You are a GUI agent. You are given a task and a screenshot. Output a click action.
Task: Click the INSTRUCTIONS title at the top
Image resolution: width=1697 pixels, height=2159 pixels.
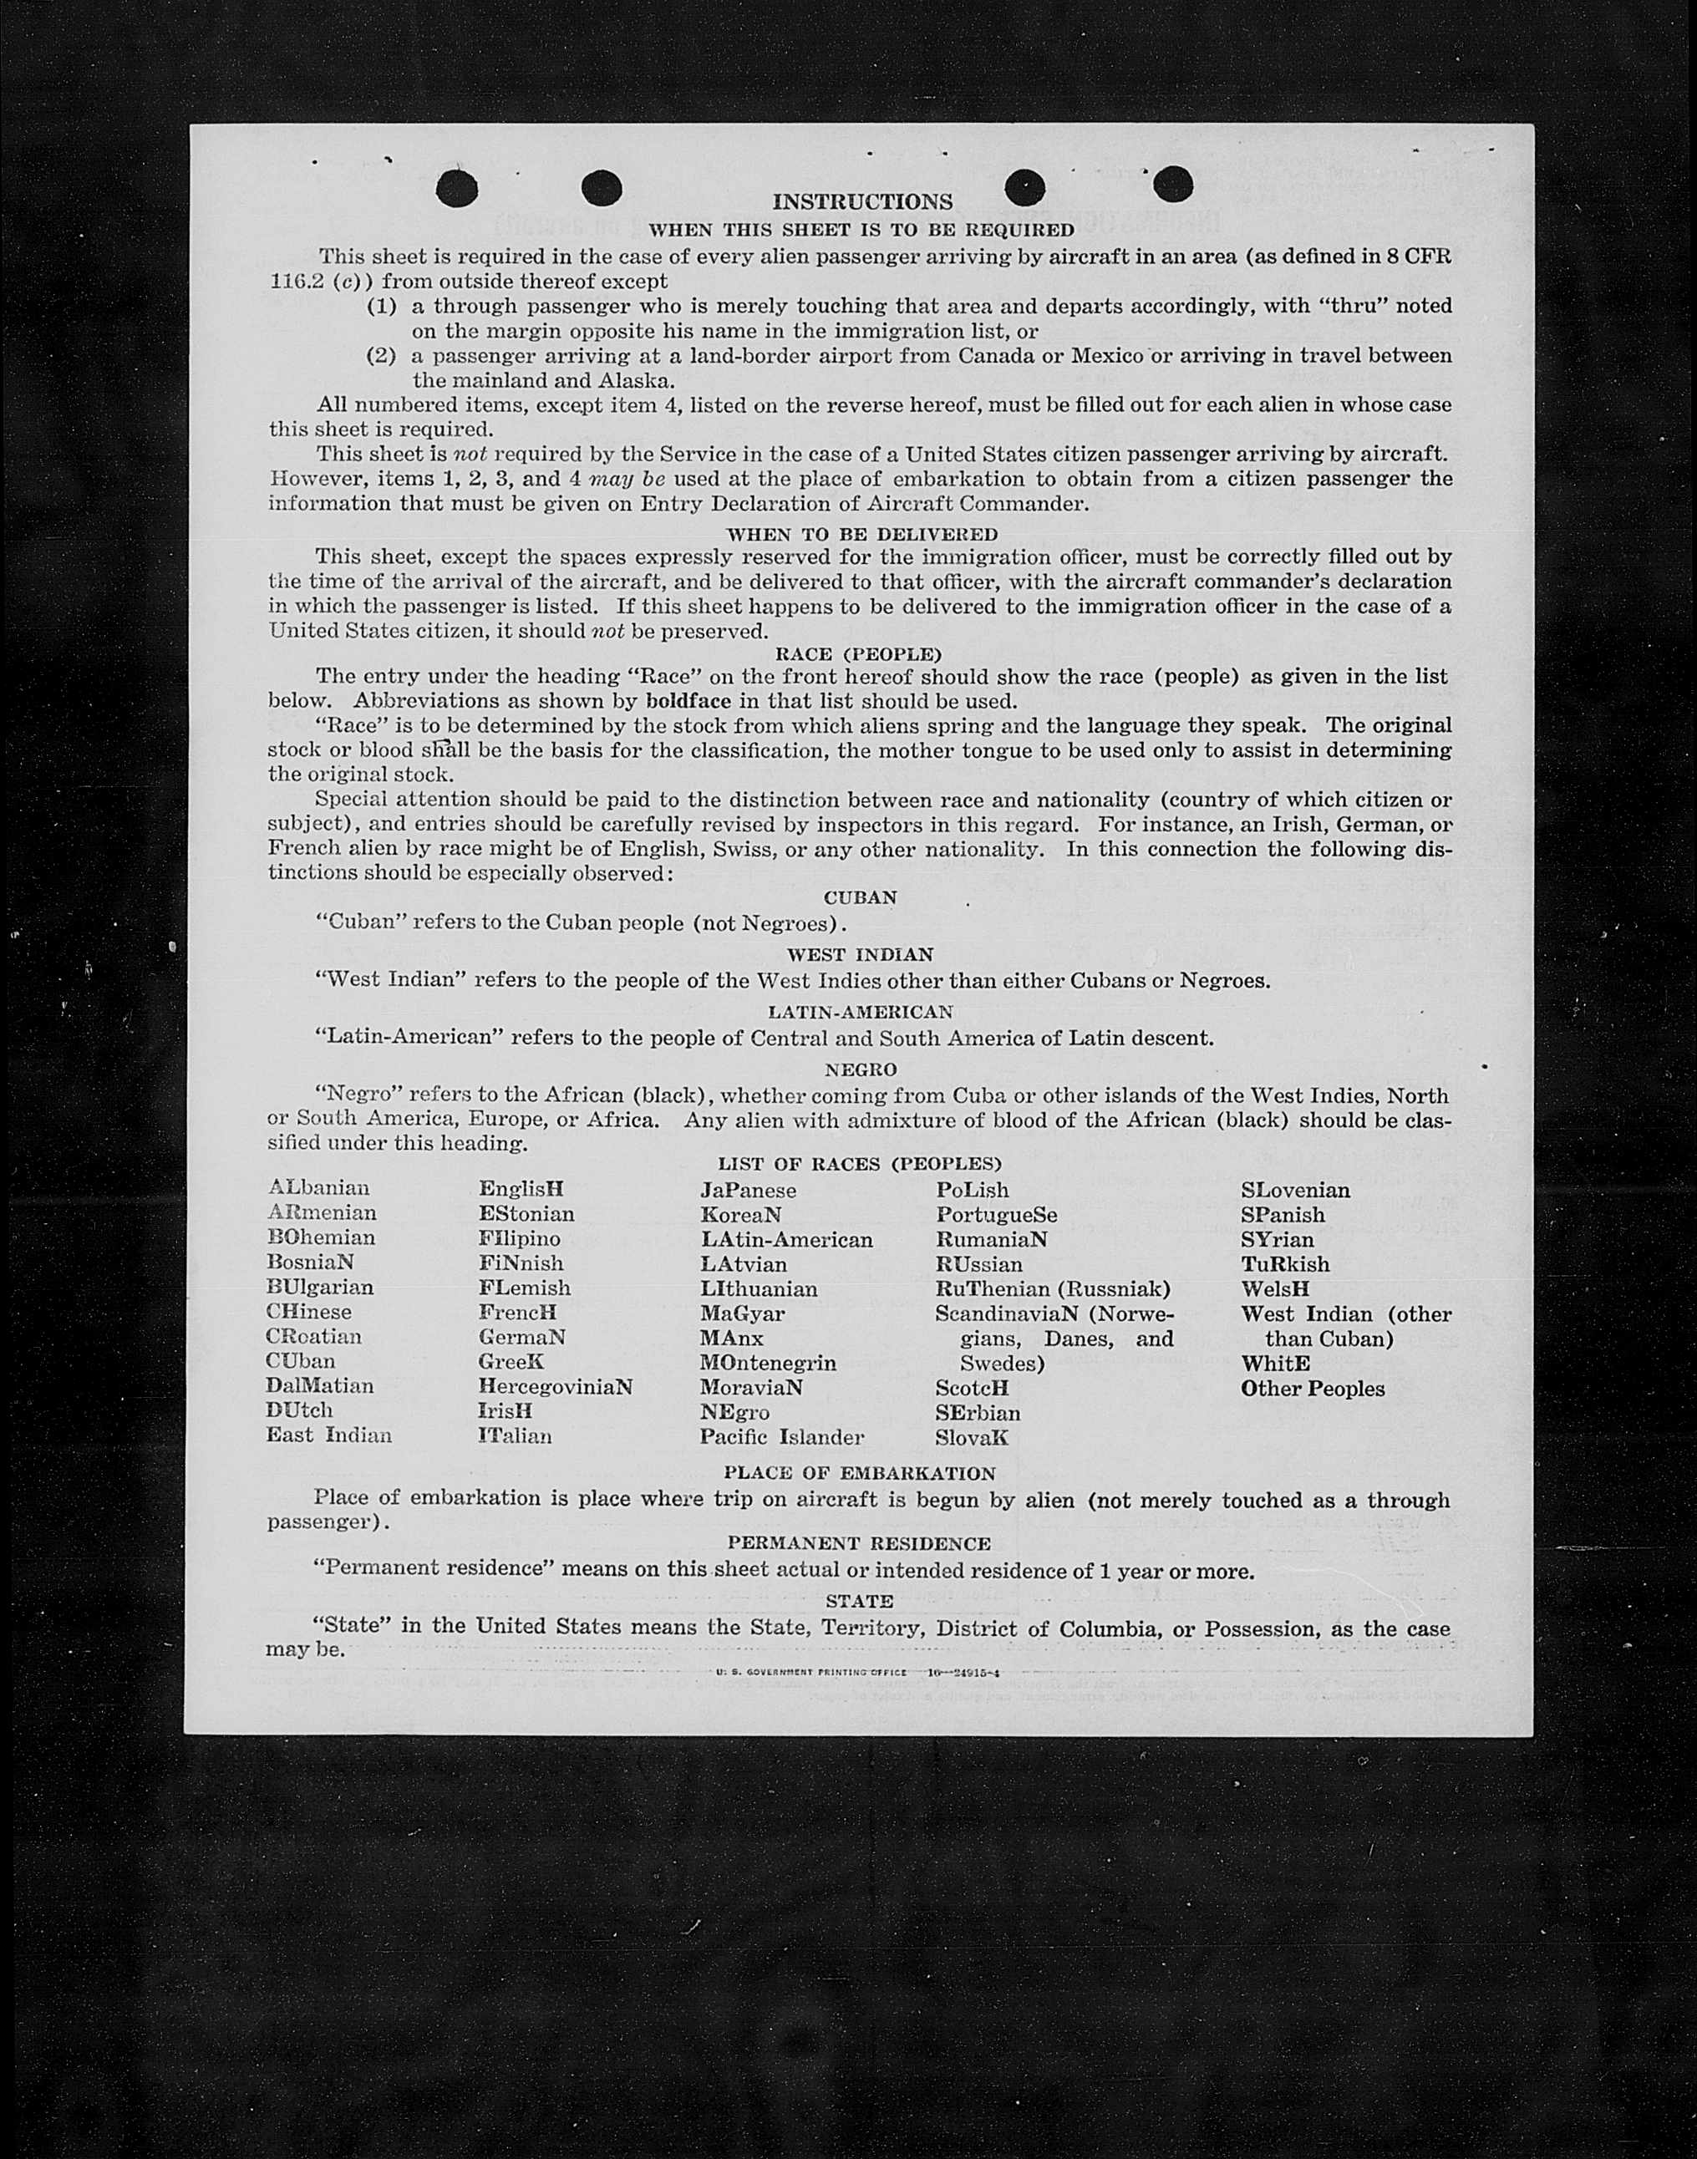(x=861, y=201)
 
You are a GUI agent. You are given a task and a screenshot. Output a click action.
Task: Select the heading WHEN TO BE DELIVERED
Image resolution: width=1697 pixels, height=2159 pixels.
(x=861, y=535)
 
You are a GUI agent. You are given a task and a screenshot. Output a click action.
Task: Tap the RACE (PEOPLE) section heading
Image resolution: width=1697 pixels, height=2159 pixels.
(x=857, y=655)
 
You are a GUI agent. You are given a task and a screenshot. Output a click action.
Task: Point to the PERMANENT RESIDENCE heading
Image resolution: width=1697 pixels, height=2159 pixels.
(x=858, y=1543)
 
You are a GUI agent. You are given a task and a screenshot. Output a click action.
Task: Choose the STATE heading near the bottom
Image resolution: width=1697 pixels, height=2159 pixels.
(x=860, y=1601)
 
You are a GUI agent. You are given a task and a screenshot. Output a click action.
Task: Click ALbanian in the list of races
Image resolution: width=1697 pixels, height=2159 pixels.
(x=318, y=1187)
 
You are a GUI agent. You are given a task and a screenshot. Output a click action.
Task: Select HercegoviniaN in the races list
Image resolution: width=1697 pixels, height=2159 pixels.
(x=555, y=1386)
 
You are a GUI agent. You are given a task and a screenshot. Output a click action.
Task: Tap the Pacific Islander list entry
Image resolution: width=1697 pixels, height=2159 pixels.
(x=781, y=1436)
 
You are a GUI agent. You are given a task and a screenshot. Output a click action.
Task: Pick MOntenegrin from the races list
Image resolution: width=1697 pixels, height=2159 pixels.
(x=767, y=1362)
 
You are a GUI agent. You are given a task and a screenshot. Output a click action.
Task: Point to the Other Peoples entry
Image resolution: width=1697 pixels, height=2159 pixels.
(x=1312, y=1388)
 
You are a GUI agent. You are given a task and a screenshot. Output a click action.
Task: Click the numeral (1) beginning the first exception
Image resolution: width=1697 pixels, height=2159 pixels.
(x=383, y=306)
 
